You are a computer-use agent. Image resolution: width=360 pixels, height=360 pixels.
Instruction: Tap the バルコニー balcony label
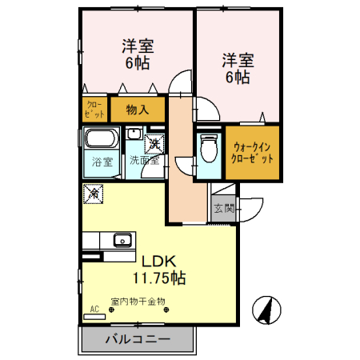pos(138,339)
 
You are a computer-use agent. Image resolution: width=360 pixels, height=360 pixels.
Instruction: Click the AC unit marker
pos(94,313)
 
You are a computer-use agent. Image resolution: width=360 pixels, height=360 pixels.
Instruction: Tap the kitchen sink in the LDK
pos(123,238)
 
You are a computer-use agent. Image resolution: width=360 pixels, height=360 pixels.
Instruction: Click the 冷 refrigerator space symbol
pos(94,193)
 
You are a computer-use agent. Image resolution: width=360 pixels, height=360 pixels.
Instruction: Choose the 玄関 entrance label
pos(224,210)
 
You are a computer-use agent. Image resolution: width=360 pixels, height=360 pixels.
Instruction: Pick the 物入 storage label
pos(138,109)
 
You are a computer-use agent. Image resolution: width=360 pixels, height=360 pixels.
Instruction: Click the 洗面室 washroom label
pos(146,160)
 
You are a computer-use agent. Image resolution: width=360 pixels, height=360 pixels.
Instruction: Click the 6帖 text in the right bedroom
pos(238,78)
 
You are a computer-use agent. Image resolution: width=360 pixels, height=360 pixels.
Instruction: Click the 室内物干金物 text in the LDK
pos(138,302)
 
